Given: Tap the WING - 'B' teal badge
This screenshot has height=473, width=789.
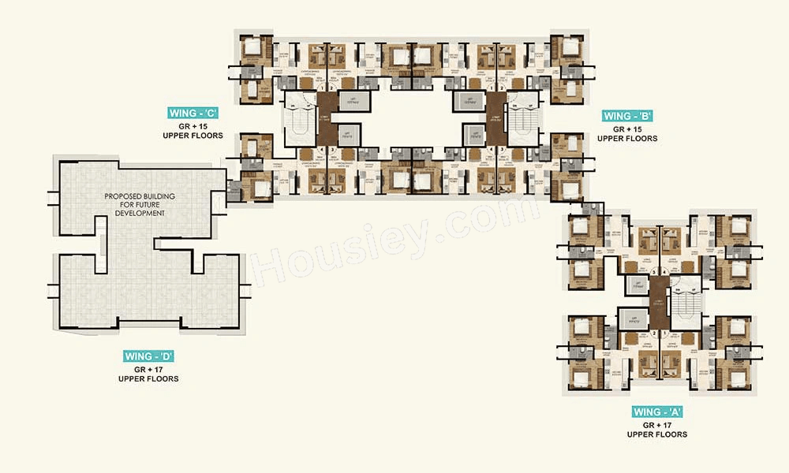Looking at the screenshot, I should [x=628, y=115].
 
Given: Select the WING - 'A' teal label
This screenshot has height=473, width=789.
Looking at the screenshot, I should [x=657, y=412].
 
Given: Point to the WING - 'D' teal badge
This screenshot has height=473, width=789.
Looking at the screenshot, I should [x=148, y=356].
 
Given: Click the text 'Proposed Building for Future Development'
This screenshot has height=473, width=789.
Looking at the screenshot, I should [x=140, y=204].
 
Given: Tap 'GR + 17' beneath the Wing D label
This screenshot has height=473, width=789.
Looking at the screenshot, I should [x=148, y=368].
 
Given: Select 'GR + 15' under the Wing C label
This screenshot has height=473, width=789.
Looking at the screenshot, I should [x=193, y=125].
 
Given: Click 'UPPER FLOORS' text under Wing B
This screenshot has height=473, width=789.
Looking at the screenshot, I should [x=627, y=139].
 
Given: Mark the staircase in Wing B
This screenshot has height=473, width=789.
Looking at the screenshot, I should [x=522, y=123].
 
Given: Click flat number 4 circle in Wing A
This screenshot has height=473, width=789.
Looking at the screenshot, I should [x=665, y=274].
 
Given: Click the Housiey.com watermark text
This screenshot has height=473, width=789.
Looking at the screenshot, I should [x=394, y=236].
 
